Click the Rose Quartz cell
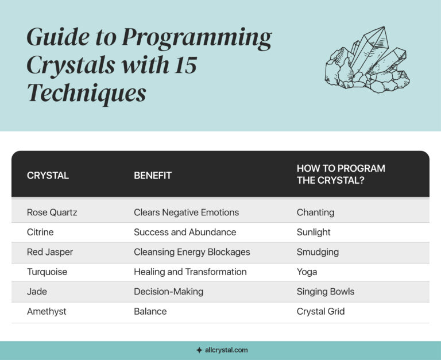click(52, 212)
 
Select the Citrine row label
click(41, 232)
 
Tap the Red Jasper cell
click(50, 252)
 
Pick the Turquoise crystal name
click(47, 272)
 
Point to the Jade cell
click(37, 292)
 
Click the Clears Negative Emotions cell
click(186, 212)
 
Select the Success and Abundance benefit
click(185, 232)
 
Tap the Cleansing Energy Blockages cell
click(192, 252)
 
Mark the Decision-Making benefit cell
click(168, 292)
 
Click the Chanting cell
click(315, 212)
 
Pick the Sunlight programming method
click(314, 232)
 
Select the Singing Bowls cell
click(326, 292)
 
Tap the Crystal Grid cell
click(321, 311)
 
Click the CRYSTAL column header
click(48, 176)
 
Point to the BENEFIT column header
click(153, 176)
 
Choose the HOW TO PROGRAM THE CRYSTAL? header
click(341, 173)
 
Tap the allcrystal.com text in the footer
click(226, 350)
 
